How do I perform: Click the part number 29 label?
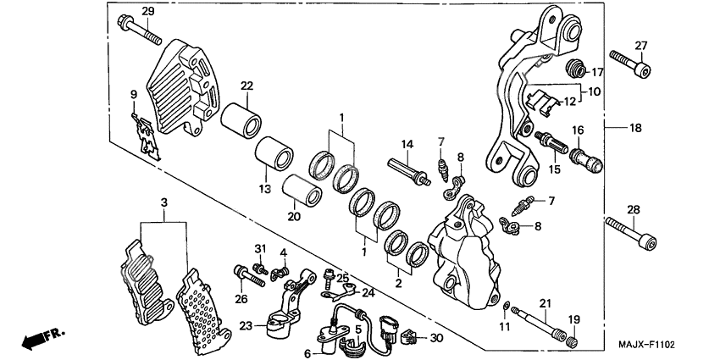pos(147,11)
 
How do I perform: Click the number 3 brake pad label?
pos(164,202)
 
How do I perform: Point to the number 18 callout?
pos(635,128)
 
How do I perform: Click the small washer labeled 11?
pos(506,305)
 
